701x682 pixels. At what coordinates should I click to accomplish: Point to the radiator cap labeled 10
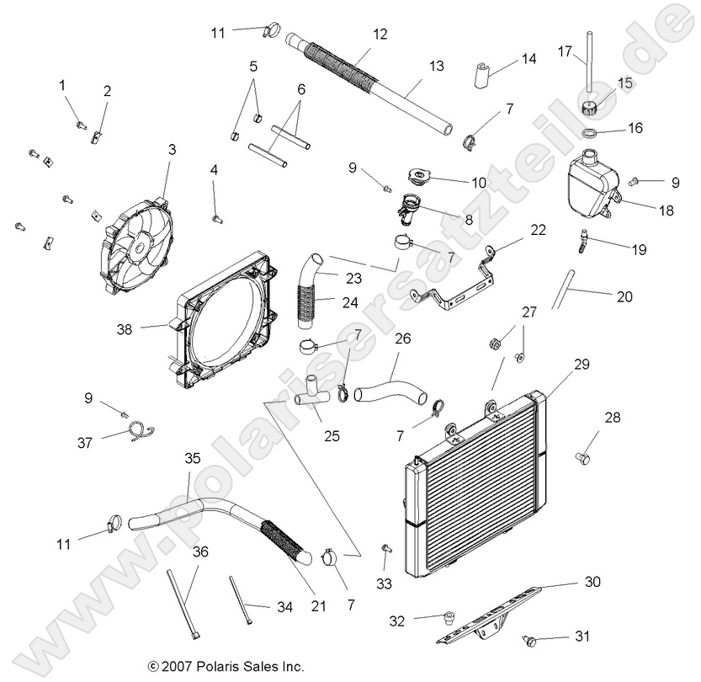coord(419,178)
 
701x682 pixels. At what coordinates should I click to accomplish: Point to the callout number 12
coord(380,34)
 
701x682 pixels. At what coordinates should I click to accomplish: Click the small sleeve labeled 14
coord(481,74)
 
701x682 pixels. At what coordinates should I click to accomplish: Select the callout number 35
coord(193,458)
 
